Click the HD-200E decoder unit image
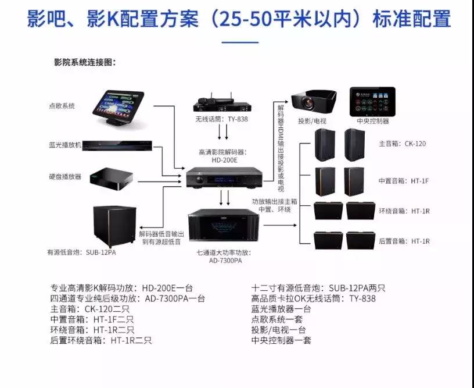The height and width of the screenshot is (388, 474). click(222, 176)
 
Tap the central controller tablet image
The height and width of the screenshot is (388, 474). click(372, 101)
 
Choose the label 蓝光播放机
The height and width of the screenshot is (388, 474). click(65, 144)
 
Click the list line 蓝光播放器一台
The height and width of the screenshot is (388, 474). click(281, 309)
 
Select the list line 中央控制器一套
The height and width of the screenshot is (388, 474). click(281, 340)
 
